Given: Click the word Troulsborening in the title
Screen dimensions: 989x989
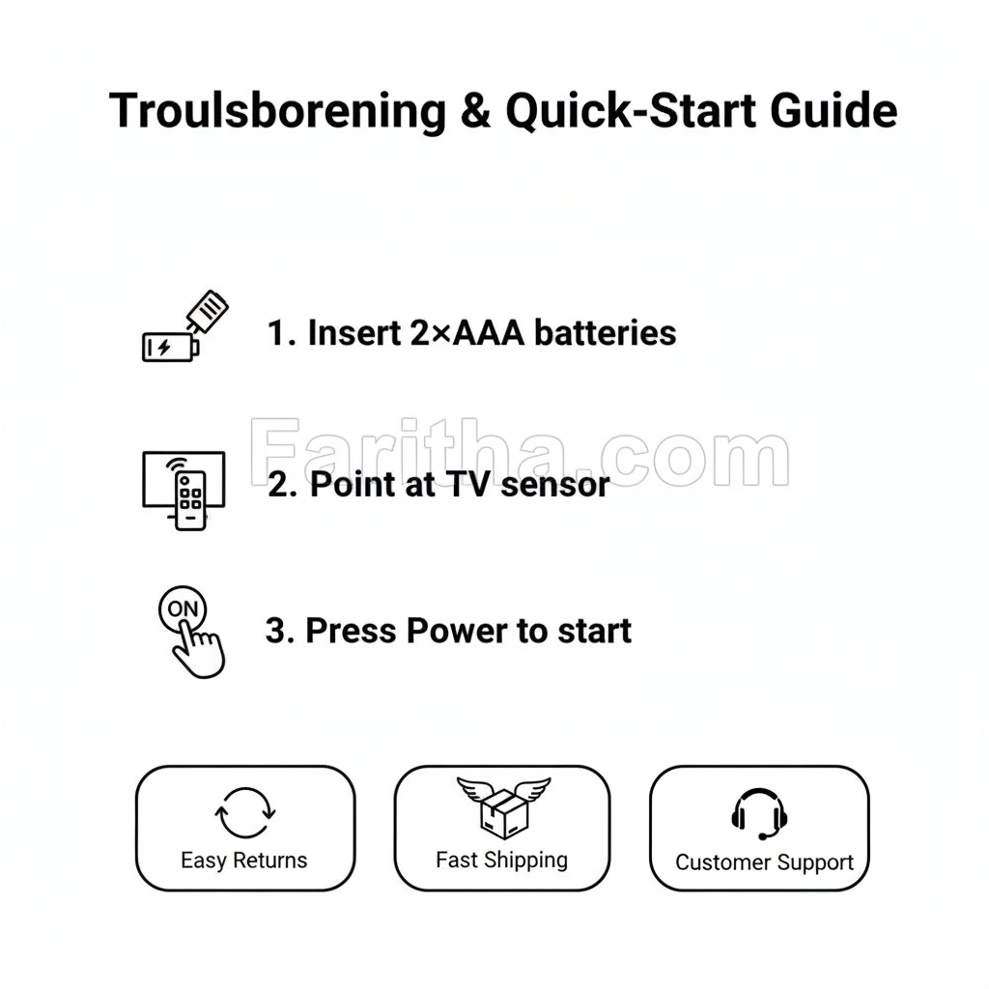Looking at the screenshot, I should [277, 111].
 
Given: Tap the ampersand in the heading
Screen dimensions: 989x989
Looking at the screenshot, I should [473, 111].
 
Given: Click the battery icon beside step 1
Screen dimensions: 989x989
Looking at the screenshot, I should [170, 346].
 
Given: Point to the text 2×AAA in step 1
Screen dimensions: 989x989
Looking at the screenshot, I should [467, 333].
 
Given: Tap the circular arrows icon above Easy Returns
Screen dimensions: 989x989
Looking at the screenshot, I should [245, 813].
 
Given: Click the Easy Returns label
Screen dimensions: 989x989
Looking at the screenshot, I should [244, 861].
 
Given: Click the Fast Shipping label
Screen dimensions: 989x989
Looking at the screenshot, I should [501, 860].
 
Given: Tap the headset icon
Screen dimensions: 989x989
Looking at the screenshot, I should [759, 814].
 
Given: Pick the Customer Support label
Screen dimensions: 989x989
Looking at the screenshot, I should [764, 862].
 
